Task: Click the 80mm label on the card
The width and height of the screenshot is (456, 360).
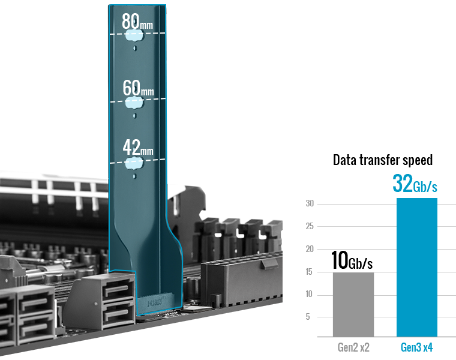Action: [137, 21]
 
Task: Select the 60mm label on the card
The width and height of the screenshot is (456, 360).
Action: [138, 88]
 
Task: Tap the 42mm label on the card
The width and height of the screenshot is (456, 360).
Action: [138, 148]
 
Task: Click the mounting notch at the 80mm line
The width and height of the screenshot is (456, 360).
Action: [134, 35]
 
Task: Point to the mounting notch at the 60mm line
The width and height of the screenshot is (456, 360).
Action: [134, 103]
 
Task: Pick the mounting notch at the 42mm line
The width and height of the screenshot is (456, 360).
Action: [134, 163]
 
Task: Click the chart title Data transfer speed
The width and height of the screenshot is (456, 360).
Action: [383, 160]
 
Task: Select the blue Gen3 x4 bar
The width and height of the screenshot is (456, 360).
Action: [417, 267]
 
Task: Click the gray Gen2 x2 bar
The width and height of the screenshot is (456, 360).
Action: [353, 304]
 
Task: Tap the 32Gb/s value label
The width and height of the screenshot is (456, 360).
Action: [415, 184]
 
